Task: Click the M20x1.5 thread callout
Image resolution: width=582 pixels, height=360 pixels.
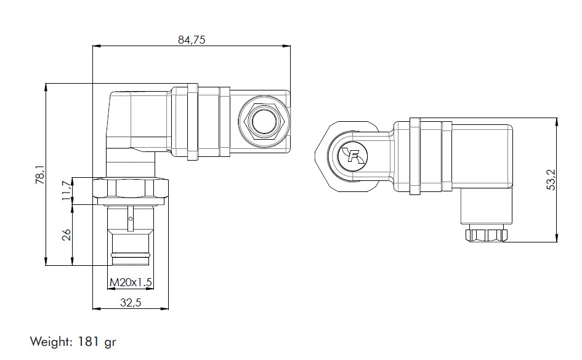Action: (130, 282)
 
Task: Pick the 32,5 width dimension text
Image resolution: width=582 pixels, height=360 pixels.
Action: (130, 302)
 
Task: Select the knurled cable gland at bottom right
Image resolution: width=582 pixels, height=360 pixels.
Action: (487, 234)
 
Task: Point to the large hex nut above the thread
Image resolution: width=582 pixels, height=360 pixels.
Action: (131, 190)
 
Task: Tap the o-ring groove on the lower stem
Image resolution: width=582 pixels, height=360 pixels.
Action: (131, 253)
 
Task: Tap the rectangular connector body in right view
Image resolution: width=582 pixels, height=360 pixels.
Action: (483, 157)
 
